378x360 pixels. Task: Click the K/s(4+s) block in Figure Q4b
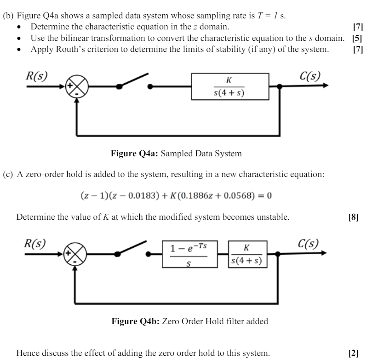(x=247, y=254)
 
